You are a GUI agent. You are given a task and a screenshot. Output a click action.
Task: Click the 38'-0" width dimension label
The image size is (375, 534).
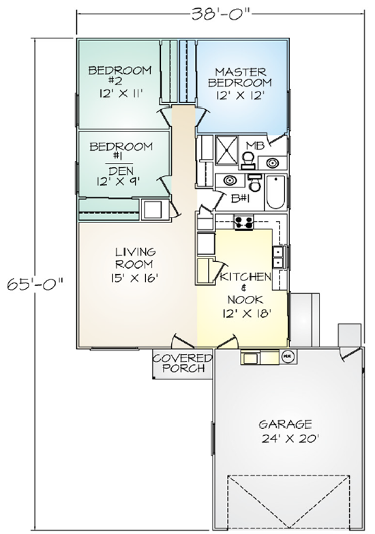221,14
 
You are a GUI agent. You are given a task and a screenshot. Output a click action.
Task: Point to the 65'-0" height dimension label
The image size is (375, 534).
35,283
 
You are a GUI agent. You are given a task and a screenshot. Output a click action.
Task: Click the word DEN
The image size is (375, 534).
121,170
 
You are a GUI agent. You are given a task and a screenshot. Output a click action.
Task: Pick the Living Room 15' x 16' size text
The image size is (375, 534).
134,278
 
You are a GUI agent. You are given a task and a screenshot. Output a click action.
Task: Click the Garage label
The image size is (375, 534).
286,424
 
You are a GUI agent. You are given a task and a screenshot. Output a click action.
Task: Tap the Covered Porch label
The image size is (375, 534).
183,363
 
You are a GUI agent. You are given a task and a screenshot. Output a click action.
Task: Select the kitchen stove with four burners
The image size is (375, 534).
243,222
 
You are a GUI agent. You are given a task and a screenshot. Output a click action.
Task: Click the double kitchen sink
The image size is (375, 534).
278,257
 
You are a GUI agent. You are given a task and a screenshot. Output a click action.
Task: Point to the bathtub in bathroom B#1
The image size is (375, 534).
275,193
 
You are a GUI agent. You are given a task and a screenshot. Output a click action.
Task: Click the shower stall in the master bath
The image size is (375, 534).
226,149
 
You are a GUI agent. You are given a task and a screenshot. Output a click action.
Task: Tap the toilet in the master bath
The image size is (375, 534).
247,160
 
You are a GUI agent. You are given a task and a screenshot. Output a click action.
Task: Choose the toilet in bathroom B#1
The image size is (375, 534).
255,183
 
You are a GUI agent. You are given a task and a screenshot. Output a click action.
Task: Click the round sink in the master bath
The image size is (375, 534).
272,163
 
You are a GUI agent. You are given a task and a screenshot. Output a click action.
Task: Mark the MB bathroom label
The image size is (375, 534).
255,145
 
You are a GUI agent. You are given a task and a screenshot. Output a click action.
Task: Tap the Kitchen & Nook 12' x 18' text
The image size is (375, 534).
245,294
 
